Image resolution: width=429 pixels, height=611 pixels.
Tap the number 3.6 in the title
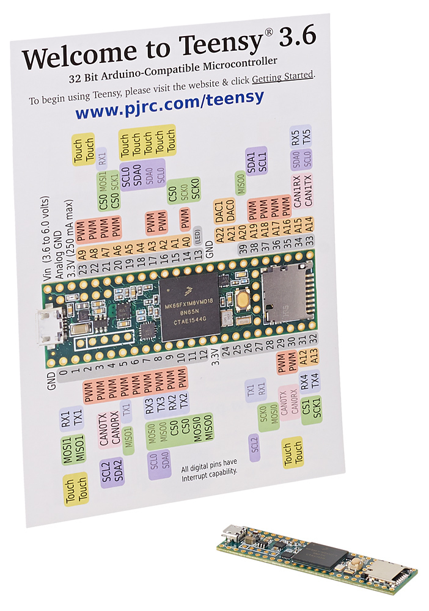(x=296, y=38)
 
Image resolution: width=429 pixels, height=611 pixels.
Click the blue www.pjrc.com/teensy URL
(x=169, y=105)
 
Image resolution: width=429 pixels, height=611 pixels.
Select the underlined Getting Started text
(x=283, y=76)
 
